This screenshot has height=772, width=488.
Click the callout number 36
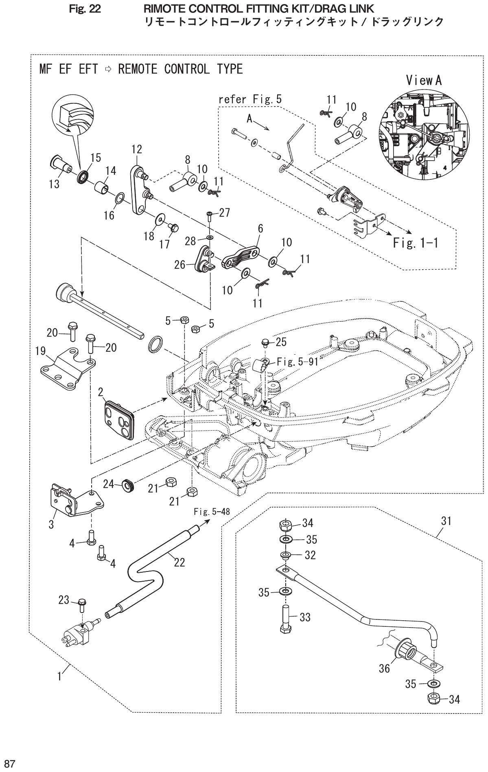coord(384,668)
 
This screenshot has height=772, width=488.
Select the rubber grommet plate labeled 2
coord(119,419)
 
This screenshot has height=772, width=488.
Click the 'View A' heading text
coord(423,81)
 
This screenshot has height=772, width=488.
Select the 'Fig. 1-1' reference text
coord(415,243)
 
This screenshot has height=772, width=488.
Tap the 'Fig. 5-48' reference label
coord(211,512)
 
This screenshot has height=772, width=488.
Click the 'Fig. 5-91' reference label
coord(297,361)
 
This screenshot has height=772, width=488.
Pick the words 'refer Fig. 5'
coord(250,99)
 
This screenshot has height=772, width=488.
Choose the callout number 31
coord(446,521)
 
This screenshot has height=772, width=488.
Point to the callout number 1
coord(59,676)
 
